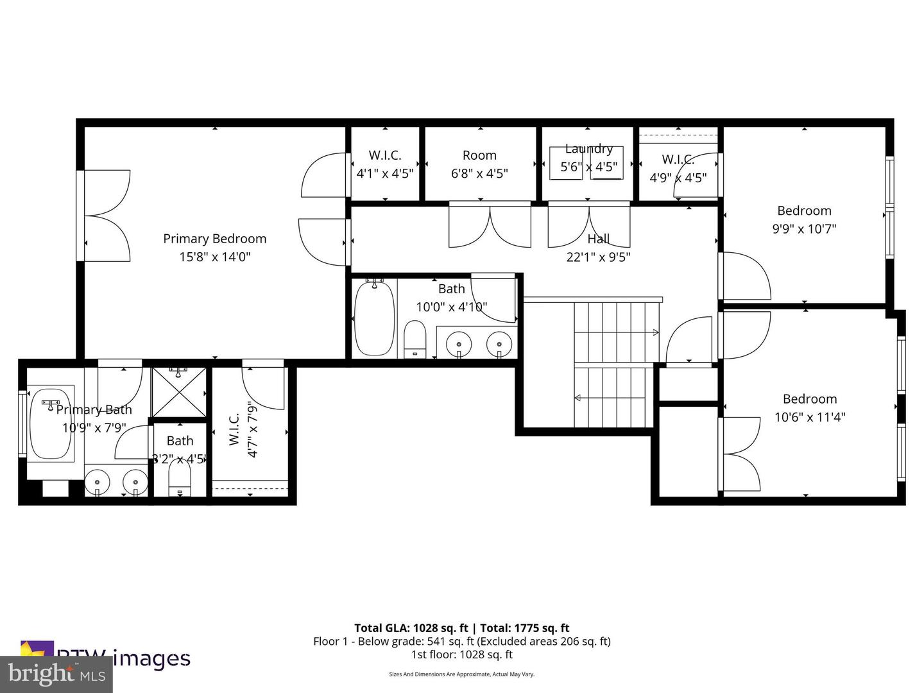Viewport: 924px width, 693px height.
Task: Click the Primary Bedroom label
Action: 214,239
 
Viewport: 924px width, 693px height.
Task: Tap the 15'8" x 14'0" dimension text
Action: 214,257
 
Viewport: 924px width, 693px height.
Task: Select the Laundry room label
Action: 588,149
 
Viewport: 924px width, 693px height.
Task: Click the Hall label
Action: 598,239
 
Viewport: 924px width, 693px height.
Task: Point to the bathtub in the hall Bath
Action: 374,318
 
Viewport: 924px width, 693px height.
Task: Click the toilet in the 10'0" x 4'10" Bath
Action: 415,339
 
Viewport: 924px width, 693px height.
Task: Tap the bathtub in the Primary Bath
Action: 51,423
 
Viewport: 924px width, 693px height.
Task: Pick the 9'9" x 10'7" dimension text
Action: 804,229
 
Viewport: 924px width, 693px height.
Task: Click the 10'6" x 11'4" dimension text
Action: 809,417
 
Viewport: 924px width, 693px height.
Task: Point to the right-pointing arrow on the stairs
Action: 654,332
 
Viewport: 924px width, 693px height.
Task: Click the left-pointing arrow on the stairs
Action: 577,398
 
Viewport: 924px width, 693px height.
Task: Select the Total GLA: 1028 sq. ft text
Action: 412,628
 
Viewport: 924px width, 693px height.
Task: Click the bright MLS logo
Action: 56,674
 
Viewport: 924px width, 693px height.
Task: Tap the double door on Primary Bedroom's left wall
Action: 106,216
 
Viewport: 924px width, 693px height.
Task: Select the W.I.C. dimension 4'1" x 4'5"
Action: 385,173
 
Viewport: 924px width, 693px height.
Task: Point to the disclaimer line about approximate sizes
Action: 461,674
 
